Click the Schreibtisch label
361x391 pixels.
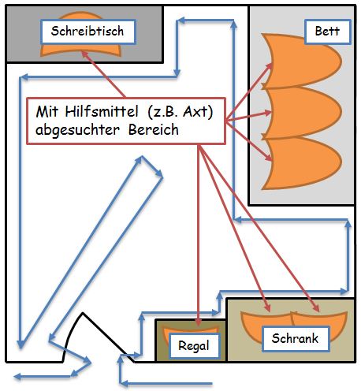coord(88,32)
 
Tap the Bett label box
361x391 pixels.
coord(328,32)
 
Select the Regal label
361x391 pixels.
coord(194,345)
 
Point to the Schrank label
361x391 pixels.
coord(296,338)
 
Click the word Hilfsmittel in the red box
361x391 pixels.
coord(102,112)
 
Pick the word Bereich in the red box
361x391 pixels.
coord(154,129)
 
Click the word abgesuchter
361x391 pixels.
coord(77,130)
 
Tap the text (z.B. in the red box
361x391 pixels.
coord(163,112)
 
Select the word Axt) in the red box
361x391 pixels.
coord(198,112)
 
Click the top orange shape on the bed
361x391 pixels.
coord(302,61)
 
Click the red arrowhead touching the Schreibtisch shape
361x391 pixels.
coord(84,54)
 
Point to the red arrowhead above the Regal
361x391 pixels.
coord(199,322)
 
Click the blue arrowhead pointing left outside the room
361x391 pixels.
coord(17,377)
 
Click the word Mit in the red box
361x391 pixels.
coord(47,112)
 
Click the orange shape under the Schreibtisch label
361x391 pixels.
coord(80,50)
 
